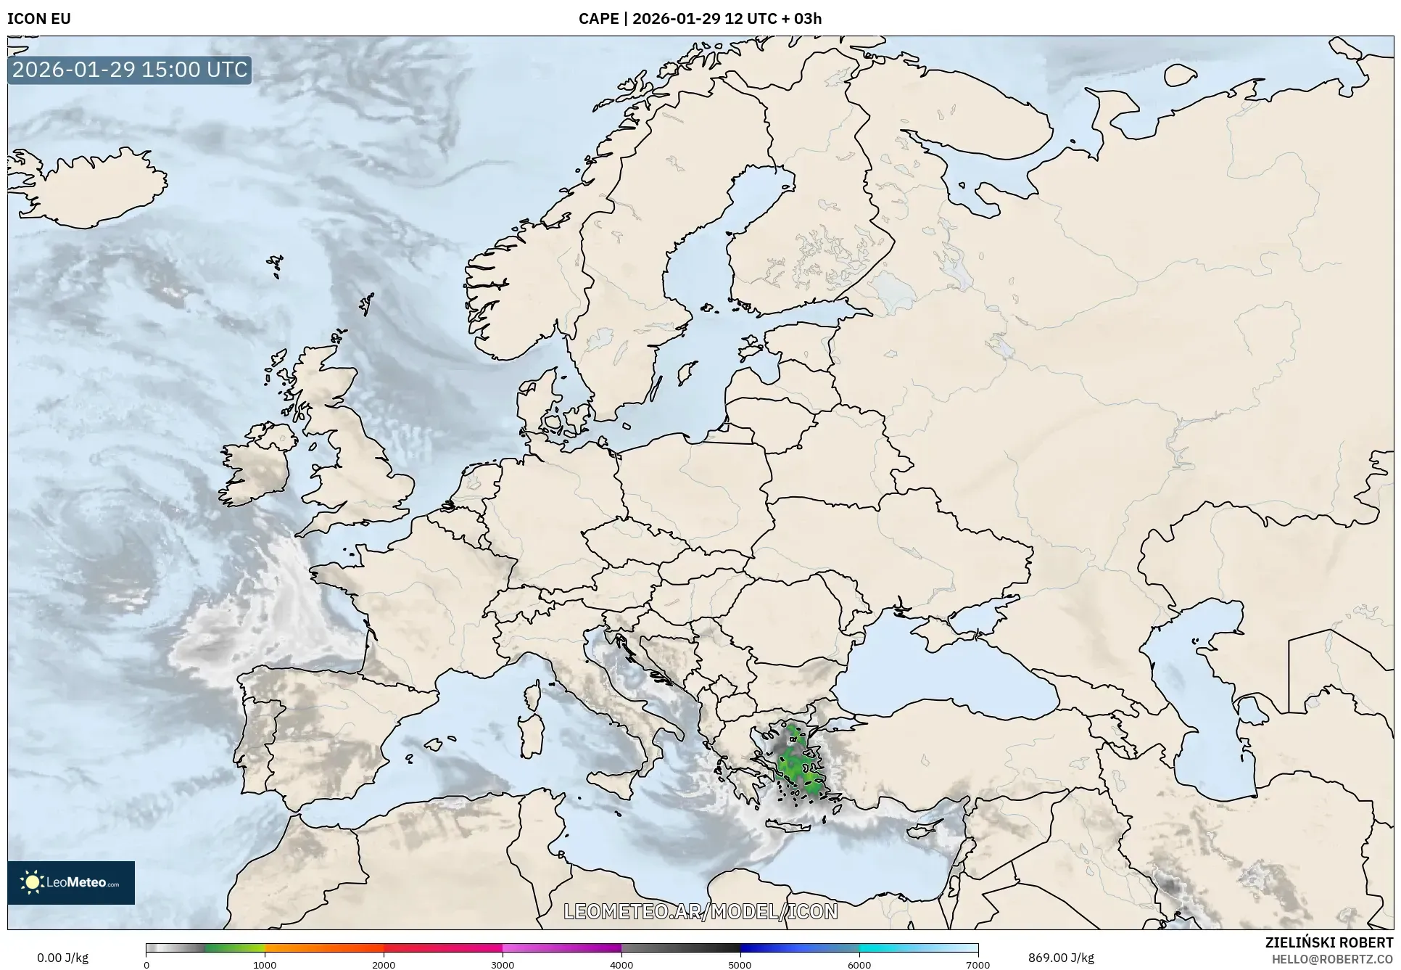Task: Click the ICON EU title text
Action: click(x=39, y=19)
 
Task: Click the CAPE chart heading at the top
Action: click(x=700, y=19)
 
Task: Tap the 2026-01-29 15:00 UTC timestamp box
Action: click(x=130, y=70)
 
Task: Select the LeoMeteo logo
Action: click(x=71, y=882)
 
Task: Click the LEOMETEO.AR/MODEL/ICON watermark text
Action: click(x=700, y=911)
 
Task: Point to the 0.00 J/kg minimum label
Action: click(x=62, y=958)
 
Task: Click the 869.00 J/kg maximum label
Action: click(x=1061, y=958)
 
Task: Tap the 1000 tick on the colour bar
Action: click(x=265, y=964)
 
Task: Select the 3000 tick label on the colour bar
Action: click(x=503, y=964)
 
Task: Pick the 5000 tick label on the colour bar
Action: click(x=740, y=964)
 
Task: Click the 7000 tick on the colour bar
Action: click(x=978, y=964)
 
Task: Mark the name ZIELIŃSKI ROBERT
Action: click(x=1328, y=942)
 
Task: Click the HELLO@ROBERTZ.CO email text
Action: click(x=1332, y=959)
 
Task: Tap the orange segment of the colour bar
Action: click(x=323, y=948)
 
